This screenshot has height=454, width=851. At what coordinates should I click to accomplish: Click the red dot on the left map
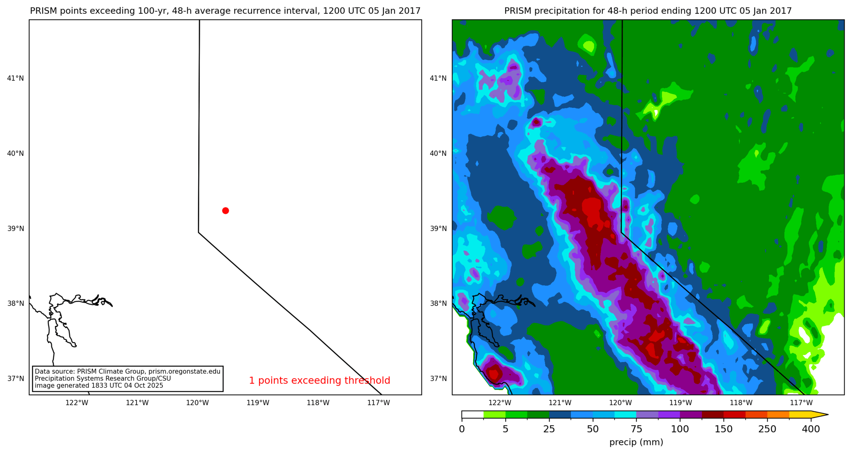pyautogui.click(x=226, y=211)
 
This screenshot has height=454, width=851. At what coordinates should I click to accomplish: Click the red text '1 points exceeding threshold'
pyautogui.click(x=319, y=380)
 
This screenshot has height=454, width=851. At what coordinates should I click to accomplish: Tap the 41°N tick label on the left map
pyautogui.click(x=15, y=78)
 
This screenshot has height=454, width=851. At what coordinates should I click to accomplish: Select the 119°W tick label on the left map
pyautogui.click(x=258, y=403)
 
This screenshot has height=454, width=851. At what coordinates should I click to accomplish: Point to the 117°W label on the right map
pyautogui.click(x=801, y=403)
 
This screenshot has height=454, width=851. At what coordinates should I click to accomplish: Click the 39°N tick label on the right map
pyautogui.click(x=438, y=228)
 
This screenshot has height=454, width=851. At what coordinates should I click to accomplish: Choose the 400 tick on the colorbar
pyautogui.click(x=811, y=429)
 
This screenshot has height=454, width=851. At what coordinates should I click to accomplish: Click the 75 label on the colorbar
pyautogui.click(x=636, y=429)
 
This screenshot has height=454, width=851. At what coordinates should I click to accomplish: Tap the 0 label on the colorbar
pyautogui.click(x=462, y=429)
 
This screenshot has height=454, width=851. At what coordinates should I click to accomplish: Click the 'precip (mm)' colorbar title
pyautogui.click(x=636, y=442)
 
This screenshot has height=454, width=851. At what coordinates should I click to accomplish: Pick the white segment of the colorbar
pyautogui.click(x=472, y=415)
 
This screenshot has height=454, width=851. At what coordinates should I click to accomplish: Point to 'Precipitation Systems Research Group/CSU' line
pyautogui.click(x=103, y=379)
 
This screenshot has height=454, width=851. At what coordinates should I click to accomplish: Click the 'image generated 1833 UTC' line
pyautogui.click(x=99, y=386)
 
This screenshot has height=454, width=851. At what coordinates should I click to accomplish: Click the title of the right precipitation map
pyautogui.click(x=648, y=11)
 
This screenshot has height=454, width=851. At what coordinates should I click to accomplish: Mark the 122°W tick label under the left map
pyautogui.click(x=77, y=403)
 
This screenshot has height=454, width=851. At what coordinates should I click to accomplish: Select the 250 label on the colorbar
pyautogui.click(x=767, y=429)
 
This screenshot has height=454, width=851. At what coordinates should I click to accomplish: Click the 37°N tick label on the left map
pyautogui.click(x=15, y=379)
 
